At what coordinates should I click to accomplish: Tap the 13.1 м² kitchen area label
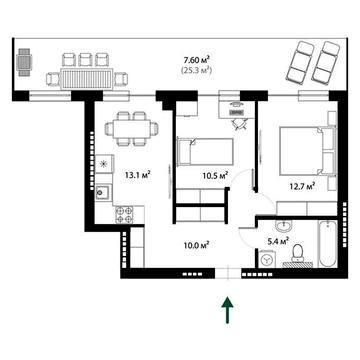(x=137, y=175)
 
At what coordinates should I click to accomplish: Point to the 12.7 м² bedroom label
(x=300, y=185)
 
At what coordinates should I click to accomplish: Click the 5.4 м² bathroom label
(x=278, y=240)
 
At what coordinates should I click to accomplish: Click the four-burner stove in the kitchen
(x=125, y=213)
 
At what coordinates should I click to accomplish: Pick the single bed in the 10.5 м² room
(x=206, y=152)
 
